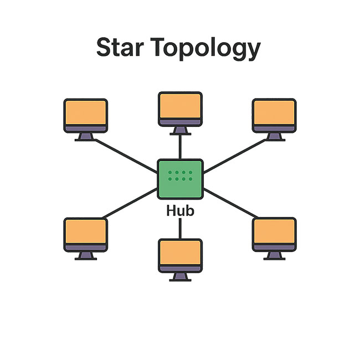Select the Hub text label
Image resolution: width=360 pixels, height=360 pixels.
point(180,211)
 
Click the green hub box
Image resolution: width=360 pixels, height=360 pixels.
point(180,178)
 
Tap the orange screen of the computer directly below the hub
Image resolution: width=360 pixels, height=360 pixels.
point(180,253)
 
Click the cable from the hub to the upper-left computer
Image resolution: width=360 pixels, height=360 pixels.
point(125,151)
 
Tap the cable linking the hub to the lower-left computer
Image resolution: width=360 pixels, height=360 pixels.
point(130,204)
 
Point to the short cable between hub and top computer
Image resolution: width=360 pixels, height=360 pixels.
point(180,147)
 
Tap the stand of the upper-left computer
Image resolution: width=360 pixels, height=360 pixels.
point(85,137)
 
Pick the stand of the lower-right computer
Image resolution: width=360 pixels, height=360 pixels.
point(274,255)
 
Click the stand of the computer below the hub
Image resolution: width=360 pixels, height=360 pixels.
point(180,276)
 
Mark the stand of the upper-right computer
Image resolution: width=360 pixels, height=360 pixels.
point(274,137)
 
